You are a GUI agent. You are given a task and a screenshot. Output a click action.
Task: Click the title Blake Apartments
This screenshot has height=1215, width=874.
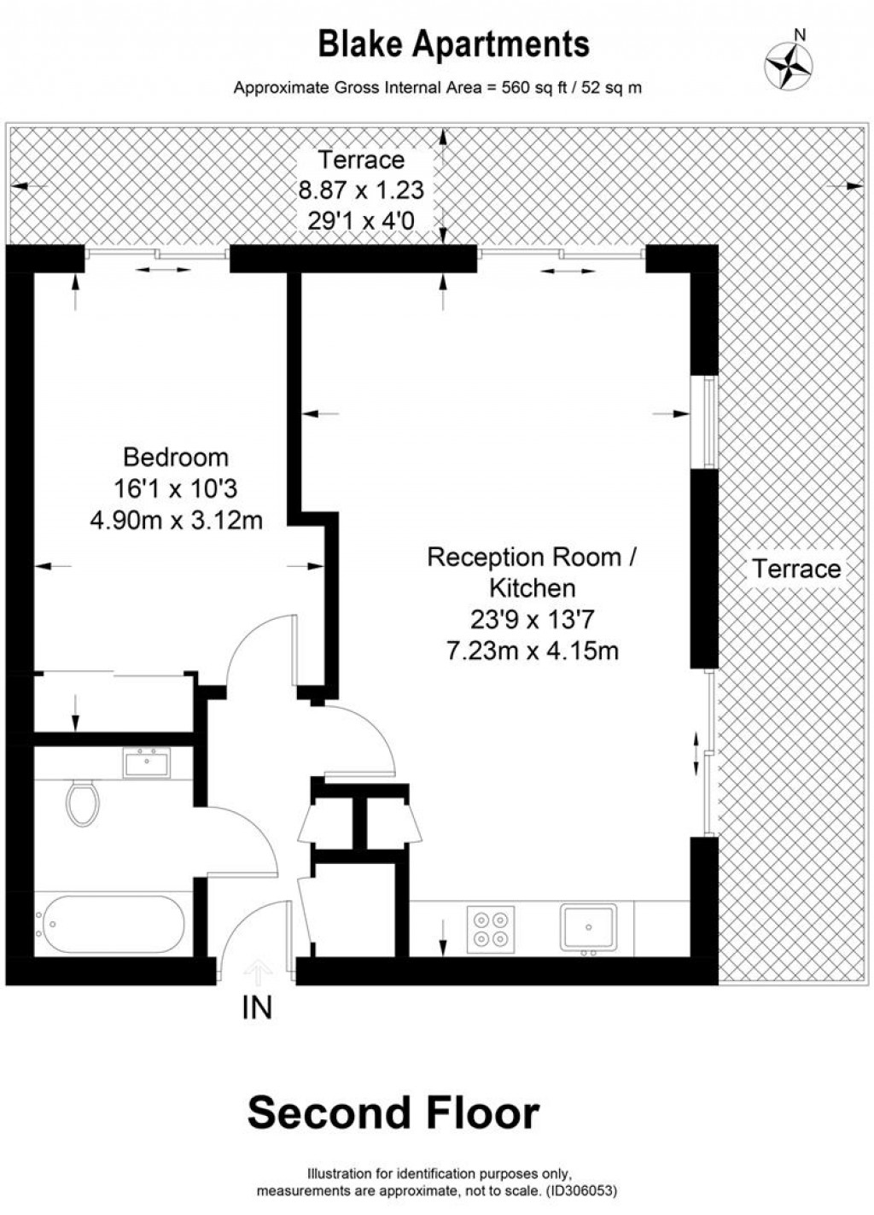[453, 44]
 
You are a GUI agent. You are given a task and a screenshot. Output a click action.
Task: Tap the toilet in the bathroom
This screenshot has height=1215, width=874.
[83, 802]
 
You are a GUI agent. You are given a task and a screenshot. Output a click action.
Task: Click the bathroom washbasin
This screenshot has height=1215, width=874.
[147, 762]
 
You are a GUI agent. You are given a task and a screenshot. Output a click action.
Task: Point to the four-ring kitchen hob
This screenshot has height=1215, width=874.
[491, 928]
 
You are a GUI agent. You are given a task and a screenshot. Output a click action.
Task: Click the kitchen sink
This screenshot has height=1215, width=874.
[587, 927]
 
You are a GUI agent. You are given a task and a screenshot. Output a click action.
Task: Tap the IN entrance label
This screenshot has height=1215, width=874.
[257, 1008]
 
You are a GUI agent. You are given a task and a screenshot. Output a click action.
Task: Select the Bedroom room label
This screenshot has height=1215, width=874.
[176, 458]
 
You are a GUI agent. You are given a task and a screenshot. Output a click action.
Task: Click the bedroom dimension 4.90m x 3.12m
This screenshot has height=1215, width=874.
[176, 519]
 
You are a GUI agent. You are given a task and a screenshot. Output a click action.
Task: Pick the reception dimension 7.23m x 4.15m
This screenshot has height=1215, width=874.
[532, 651]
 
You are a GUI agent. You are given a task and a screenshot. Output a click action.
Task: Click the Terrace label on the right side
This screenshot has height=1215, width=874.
[795, 569]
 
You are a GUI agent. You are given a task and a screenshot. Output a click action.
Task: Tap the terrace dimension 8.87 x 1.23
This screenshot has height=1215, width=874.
[359, 190]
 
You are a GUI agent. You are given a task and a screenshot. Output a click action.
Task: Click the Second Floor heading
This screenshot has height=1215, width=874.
[393, 1113]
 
